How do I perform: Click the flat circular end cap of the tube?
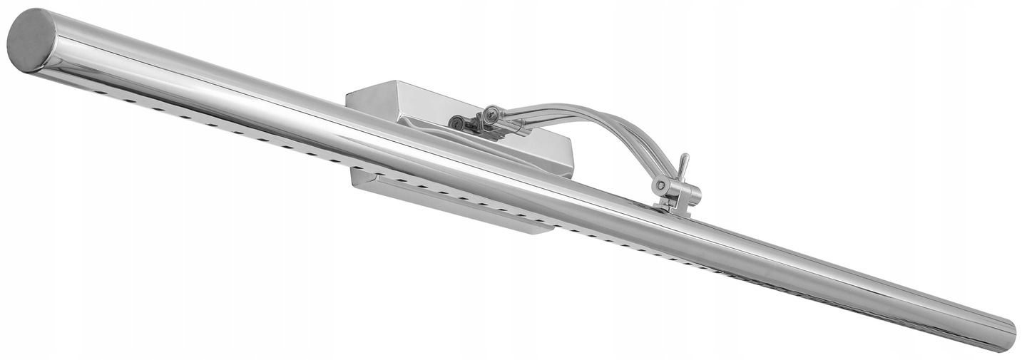click(x=31, y=40)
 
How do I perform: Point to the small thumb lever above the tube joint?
click(x=683, y=165)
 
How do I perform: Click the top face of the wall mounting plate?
click(x=414, y=100)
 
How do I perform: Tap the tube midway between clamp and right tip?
click(x=842, y=274)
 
